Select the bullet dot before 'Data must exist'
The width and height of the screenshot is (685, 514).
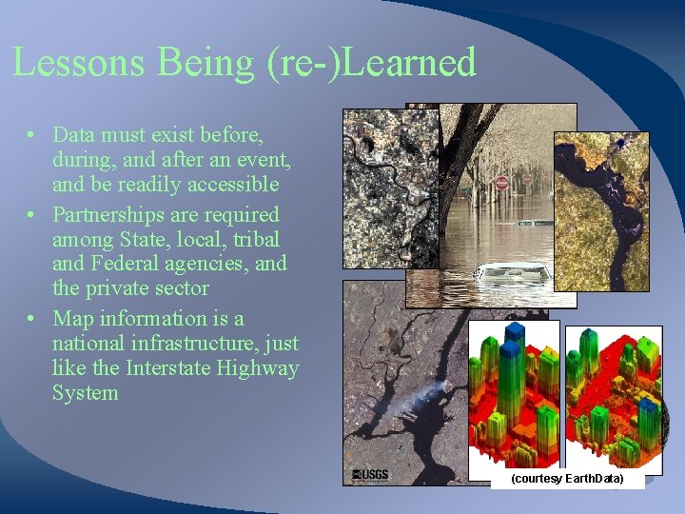32,135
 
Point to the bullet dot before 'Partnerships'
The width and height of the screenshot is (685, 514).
32,215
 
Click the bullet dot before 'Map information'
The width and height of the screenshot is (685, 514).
32,319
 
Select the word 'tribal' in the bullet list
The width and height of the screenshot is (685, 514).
256,239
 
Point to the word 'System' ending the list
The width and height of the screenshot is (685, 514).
85,393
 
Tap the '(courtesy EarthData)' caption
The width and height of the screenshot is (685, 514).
567,479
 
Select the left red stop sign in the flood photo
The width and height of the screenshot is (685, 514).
501,181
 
